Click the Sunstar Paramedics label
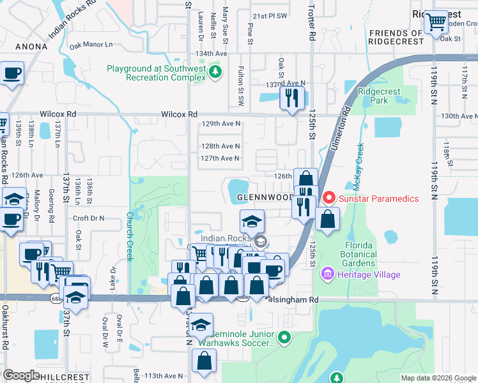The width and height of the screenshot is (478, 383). (x=379, y=199)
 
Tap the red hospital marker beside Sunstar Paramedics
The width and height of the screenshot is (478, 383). (x=329, y=199)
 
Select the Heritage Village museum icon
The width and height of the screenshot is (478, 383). (x=328, y=274)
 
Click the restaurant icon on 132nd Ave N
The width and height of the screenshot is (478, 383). (x=291, y=98)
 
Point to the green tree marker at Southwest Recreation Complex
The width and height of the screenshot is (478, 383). (x=216, y=70)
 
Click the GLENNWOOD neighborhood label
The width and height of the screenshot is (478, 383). (x=266, y=198)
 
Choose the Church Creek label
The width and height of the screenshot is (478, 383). (x=129, y=236)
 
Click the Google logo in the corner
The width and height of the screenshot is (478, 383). (x=21, y=375)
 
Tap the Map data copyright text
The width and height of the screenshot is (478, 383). (x=438, y=378)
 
